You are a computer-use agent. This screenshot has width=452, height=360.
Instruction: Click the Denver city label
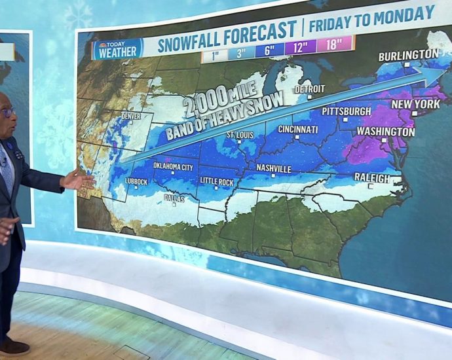coord(131,117)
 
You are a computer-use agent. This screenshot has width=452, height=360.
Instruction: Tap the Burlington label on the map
coord(408,54)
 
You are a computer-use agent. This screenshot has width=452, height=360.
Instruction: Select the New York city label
coord(415,104)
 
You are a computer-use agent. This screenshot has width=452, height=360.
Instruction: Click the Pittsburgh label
coord(346,111)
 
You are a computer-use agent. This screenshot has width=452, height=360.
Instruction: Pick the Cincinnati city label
coord(298,129)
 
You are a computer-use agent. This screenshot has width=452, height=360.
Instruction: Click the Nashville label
coord(274,168)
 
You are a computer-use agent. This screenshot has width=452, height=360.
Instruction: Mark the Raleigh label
coord(371,177)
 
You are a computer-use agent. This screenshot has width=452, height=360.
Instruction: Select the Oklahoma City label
coord(173,167)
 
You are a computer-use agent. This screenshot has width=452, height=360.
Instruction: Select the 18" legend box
coord(334,45)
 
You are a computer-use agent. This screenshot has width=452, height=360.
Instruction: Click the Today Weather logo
coord(117,49)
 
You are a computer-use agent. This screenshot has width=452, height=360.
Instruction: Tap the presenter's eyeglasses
coord(7,112)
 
